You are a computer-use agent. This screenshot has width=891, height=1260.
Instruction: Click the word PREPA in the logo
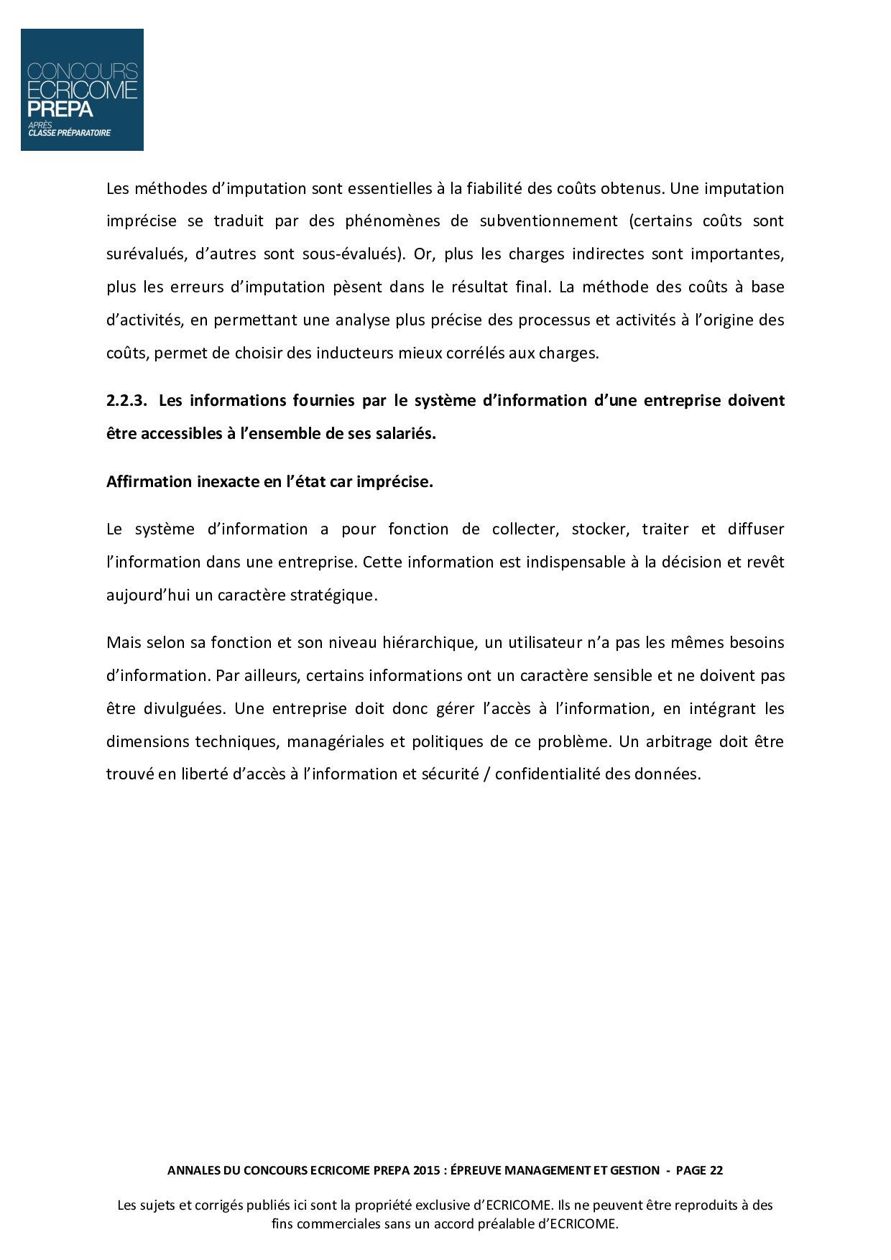point(60,109)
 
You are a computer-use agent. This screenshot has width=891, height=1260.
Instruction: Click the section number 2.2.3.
point(126,401)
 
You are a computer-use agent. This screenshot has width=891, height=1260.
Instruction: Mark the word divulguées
point(185,709)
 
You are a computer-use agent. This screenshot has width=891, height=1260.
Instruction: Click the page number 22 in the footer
point(716,1170)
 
